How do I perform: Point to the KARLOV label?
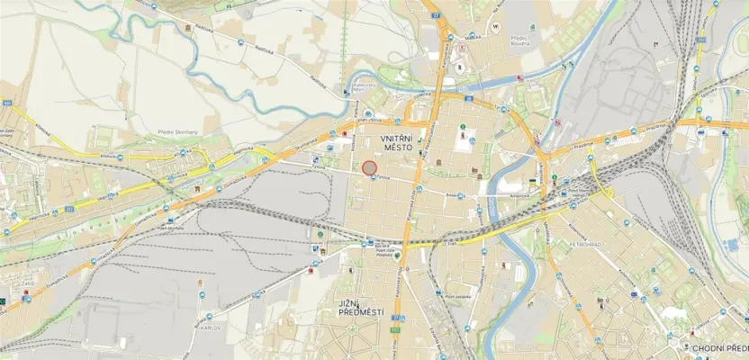[211, 328]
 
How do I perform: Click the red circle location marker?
[368, 167]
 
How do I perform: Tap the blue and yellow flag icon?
[533, 182]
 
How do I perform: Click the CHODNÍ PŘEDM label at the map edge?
[720, 347]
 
